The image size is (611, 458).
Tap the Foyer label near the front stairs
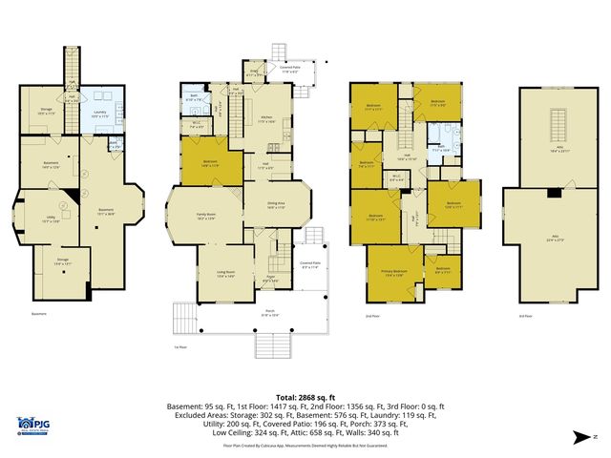(x=271, y=280)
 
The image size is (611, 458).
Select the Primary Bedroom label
(x=393, y=273)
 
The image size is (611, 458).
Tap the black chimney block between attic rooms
(x=555, y=193)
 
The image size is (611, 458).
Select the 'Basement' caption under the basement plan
(x=39, y=313)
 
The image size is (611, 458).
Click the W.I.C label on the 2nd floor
(x=396, y=177)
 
